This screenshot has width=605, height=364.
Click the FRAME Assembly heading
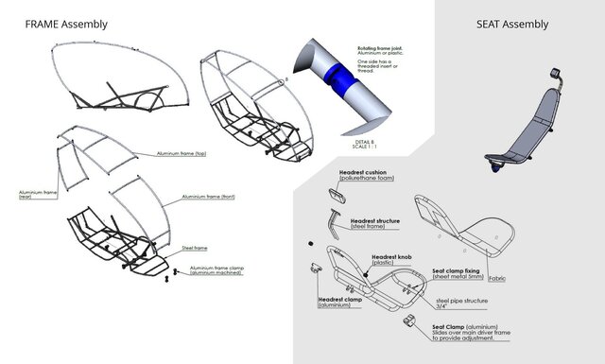point(65,24)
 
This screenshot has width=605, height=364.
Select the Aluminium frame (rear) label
point(37,195)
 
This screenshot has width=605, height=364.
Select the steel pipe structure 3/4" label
point(460,303)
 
